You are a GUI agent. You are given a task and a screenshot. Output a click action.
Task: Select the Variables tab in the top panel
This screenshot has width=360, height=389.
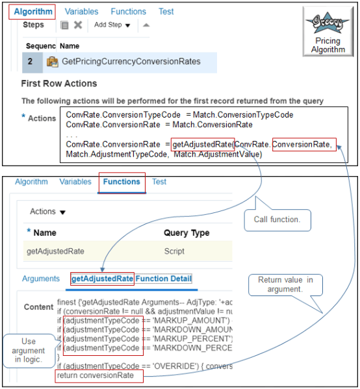point(81,11)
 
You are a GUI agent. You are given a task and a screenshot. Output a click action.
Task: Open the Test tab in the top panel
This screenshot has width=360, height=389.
point(166,11)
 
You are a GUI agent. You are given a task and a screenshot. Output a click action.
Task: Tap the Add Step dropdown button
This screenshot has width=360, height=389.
point(112,25)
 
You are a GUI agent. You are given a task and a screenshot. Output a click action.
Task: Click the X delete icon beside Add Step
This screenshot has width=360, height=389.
point(78,25)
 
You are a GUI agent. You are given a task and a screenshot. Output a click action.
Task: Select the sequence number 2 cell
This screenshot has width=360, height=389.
point(31,62)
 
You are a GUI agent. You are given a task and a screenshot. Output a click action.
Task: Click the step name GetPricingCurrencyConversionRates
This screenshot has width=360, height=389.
point(131,62)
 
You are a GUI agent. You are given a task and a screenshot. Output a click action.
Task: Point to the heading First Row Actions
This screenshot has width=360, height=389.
point(58,84)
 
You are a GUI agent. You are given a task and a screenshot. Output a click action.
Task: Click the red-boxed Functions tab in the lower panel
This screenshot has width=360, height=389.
point(122,182)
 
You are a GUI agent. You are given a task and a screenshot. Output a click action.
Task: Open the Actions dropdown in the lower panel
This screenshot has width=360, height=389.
point(48,212)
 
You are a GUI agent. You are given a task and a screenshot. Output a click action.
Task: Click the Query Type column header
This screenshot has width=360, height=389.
point(186,231)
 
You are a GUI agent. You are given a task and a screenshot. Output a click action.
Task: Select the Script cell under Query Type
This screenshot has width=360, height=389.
point(175,250)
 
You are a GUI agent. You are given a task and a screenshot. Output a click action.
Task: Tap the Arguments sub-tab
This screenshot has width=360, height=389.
point(41,279)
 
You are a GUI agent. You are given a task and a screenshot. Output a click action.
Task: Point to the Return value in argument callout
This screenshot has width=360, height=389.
point(285,284)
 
